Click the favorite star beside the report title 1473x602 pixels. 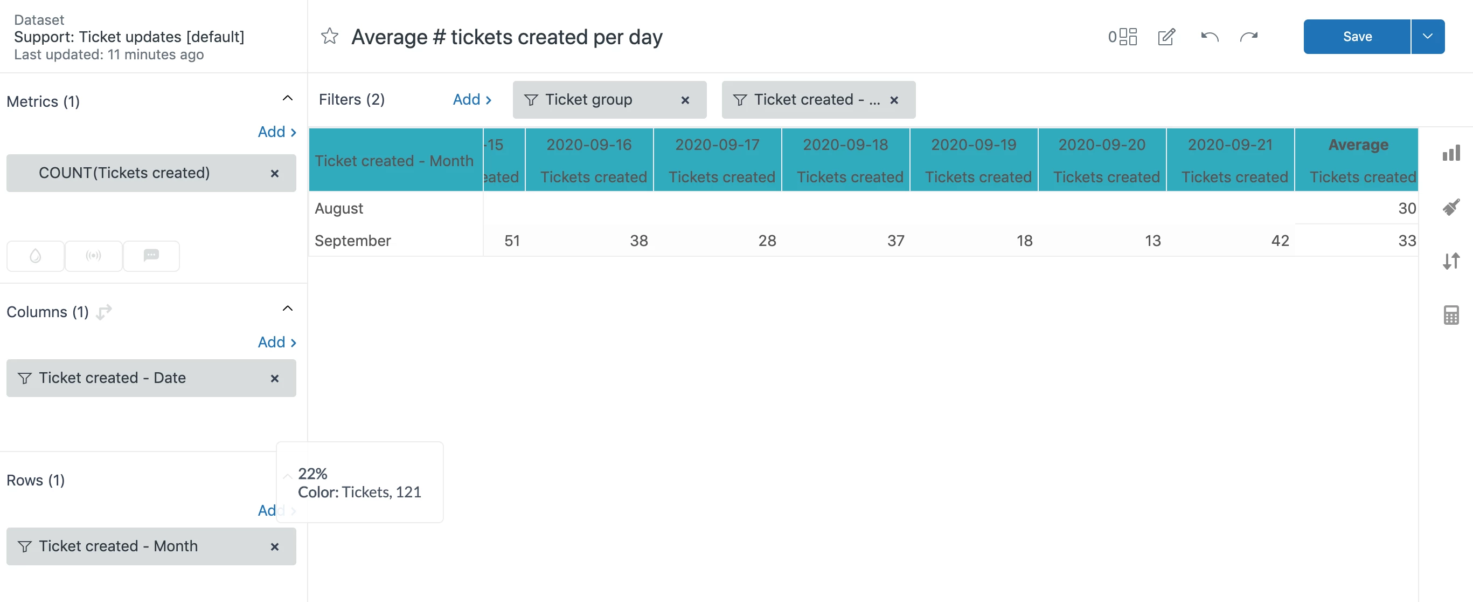(x=329, y=37)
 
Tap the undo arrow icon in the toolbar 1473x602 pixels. (x=1210, y=37)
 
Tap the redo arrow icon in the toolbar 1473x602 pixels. (x=1249, y=37)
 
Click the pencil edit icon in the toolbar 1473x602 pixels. (x=1166, y=37)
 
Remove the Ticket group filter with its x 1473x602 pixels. (x=685, y=100)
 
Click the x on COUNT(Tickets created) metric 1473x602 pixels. (x=274, y=173)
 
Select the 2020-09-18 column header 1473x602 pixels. (x=845, y=145)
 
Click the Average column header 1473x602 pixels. (x=1358, y=145)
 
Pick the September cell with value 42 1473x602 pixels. (x=1280, y=241)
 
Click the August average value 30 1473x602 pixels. (x=1407, y=208)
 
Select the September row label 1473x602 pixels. (x=353, y=241)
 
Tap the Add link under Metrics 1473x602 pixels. (x=277, y=132)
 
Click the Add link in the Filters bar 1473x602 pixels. (x=472, y=100)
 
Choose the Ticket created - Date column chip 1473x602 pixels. (x=112, y=378)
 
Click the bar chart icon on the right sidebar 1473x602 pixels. (x=1451, y=153)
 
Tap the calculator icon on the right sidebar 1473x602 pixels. (x=1451, y=314)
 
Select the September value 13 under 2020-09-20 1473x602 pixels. (x=1152, y=241)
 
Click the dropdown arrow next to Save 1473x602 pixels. (x=1427, y=37)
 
